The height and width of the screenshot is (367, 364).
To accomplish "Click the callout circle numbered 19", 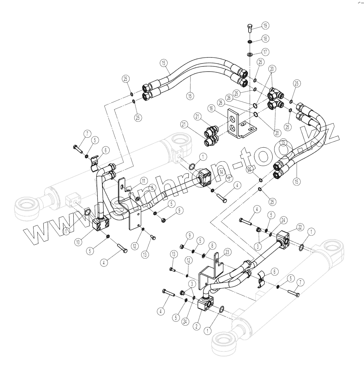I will tap(265, 25).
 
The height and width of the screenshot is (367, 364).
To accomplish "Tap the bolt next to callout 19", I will tap(249, 27).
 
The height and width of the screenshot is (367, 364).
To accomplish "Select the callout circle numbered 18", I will tap(265, 38).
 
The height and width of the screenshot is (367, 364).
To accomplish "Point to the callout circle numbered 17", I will tap(265, 52).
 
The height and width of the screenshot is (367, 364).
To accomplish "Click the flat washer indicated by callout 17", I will tap(250, 54).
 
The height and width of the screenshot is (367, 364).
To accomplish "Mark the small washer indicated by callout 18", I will tap(249, 42).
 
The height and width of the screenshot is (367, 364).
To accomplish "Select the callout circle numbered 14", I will tap(221, 172).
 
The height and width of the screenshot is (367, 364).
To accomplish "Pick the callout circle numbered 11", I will tap(143, 180).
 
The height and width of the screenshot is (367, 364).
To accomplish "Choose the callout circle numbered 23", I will tap(227, 252).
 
